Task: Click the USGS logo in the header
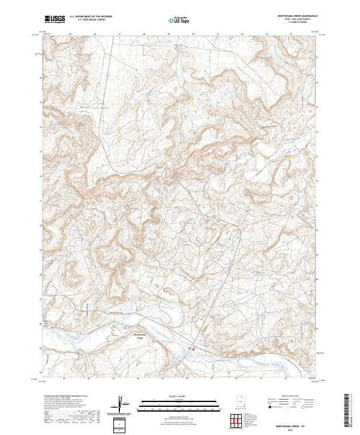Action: tap(54, 19)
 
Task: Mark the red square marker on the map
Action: tap(193, 348)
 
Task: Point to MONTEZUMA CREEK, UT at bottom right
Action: tap(289, 425)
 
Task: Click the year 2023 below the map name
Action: tap(289, 430)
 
